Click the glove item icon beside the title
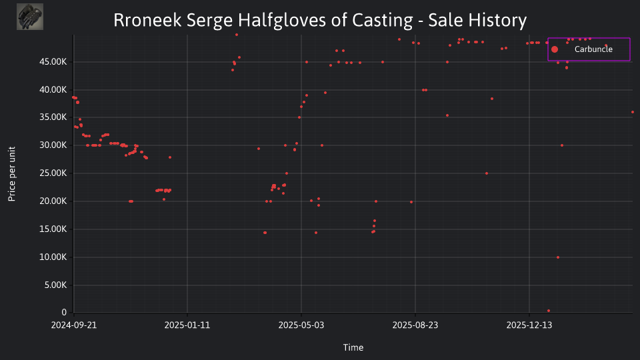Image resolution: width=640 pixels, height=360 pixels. point(30,17)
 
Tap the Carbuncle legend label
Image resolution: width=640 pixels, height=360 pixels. point(593,49)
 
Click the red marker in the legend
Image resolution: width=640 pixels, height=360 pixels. point(554,49)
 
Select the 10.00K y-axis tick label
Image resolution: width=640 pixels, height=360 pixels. point(53,257)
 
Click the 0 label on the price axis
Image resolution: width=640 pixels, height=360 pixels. point(64,312)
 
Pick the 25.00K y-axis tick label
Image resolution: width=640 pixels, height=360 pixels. point(53,173)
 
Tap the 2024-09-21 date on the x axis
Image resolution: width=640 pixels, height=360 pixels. point(74,325)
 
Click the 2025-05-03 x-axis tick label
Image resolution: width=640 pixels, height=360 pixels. point(301,325)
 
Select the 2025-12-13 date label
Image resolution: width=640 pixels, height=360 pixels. point(529,325)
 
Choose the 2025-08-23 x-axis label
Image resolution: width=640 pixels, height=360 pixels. point(415,325)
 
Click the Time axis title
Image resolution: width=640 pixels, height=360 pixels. point(353,347)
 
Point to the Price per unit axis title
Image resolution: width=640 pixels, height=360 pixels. point(12,174)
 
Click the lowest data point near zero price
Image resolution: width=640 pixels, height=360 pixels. point(549,311)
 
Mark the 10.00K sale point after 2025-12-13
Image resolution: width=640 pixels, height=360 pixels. point(558,257)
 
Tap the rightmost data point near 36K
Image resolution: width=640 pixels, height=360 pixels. point(633,112)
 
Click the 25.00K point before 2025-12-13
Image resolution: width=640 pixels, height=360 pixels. point(487,173)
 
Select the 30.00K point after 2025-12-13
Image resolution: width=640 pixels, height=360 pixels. point(562,145)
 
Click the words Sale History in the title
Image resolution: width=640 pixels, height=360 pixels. point(477,21)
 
